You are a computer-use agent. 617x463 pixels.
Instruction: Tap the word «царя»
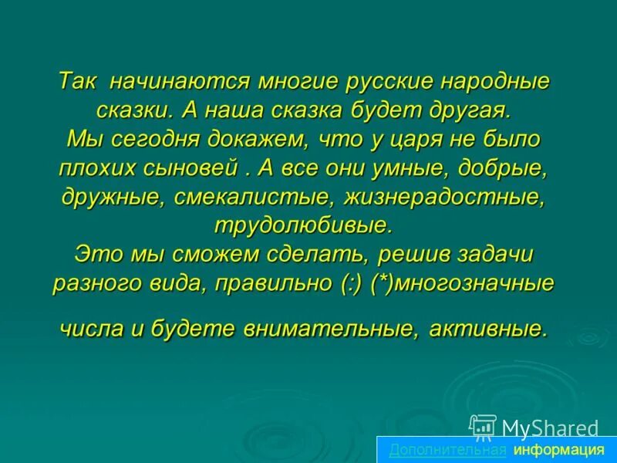[x=430, y=140]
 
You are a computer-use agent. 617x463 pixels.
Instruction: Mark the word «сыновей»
[x=199, y=168]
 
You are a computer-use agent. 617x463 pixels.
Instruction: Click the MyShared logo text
[x=549, y=428]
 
